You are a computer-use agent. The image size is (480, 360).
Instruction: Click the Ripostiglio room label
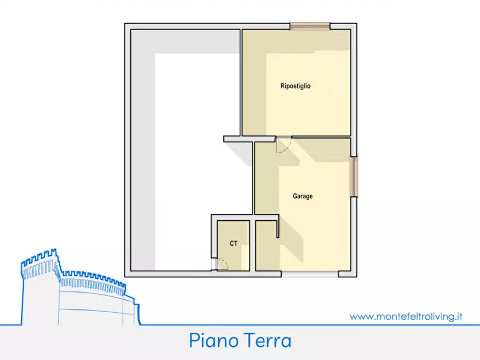click(x=296, y=86)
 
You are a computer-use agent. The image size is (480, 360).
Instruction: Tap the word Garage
click(x=302, y=197)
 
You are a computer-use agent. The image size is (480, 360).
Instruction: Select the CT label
click(x=233, y=244)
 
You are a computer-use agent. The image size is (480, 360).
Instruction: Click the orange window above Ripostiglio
click(x=310, y=25)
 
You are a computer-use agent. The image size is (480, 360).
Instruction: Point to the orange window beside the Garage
click(x=354, y=176)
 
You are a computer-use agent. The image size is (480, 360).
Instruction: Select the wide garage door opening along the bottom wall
click(x=310, y=274)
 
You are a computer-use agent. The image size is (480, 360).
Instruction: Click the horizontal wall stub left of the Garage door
click(x=238, y=139)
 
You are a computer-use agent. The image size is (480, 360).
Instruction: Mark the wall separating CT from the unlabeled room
click(x=252, y=244)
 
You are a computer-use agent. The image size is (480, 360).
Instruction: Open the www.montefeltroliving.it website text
click(x=406, y=316)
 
